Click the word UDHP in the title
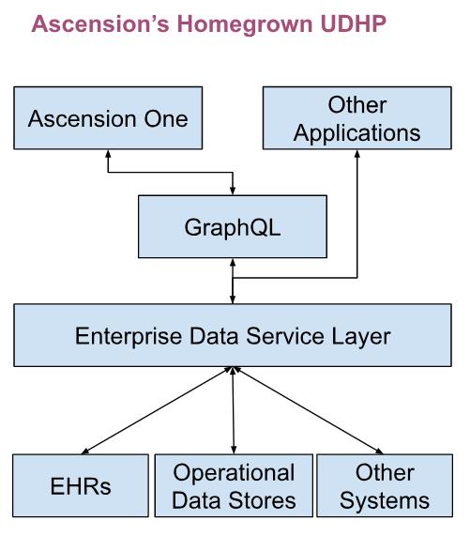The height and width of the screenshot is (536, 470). click(354, 23)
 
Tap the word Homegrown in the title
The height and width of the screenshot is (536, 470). click(245, 24)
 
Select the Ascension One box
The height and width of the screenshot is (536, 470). click(108, 118)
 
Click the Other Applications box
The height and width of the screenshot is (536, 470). click(356, 118)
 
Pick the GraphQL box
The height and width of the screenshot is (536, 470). click(233, 226)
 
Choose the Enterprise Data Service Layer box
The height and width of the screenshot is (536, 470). click(233, 335)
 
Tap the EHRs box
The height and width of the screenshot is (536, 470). click(81, 485)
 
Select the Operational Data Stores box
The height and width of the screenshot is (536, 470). click(234, 485)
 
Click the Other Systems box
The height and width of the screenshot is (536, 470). click(385, 485)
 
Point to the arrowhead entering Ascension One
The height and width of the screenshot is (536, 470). click(108, 154)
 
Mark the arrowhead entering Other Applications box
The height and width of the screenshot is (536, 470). click(356, 154)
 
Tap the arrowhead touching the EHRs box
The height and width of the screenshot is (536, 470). click(85, 452)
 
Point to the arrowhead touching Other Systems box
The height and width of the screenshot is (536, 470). click(378, 452)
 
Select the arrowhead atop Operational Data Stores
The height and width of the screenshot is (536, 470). click(234, 451)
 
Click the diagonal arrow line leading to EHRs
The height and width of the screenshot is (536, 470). click(158, 410)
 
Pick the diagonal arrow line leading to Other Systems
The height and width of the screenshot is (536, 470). click(308, 410)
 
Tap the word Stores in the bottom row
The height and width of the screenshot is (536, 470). click(262, 500)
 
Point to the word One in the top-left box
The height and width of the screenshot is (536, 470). click(166, 118)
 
